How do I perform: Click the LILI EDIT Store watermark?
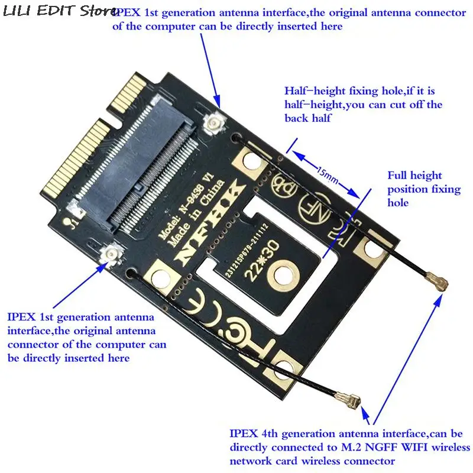pyautogui.click(x=56, y=11)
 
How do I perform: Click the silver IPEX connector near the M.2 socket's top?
pyautogui.click(x=212, y=123)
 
